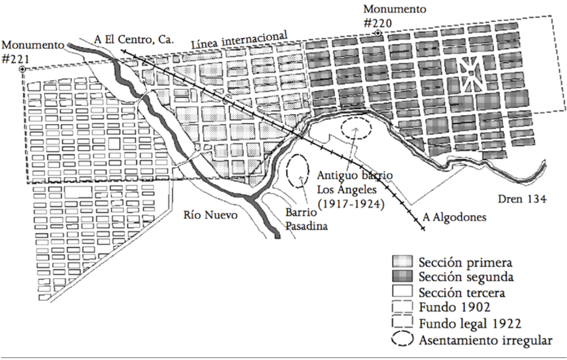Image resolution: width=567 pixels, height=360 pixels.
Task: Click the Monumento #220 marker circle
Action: pyautogui.click(x=378, y=33)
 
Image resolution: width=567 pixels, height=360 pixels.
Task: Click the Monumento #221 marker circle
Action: pyautogui.click(x=22, y=69)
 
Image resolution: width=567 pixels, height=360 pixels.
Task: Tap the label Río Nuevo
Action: pyautogui.click(x=211, y=215)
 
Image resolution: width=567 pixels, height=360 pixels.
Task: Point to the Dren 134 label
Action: pyautogui.click(x=522, y=199)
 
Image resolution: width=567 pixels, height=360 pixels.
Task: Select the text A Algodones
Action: pyautogui.click(x=454, y=217)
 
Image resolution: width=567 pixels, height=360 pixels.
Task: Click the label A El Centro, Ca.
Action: pyautogui.click(x=134, y=40)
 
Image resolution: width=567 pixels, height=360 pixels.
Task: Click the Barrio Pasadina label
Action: pyautogui.click(x=306, y=219)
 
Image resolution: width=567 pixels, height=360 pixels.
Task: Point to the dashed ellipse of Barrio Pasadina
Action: pyautogui.click(x=297, y=171)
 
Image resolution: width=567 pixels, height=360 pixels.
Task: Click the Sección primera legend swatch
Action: pyautogui.click(x=402, y=262)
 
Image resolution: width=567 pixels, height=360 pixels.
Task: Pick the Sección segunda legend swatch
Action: pyautogui.click(x=402, y=277)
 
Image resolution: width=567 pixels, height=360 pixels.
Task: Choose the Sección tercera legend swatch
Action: pyautogui.click(x=402, y=291)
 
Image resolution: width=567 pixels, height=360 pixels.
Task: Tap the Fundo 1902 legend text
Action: pyautogui.click(x=454, y=307)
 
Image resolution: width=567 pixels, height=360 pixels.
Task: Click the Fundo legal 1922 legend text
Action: pyautogui.click(x=470, y=323)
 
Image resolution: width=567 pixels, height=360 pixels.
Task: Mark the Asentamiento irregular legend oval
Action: pyautogui.click(x=402, y=339)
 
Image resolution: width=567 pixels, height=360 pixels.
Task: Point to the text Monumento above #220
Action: pyautogui.click(x=395, y=8)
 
